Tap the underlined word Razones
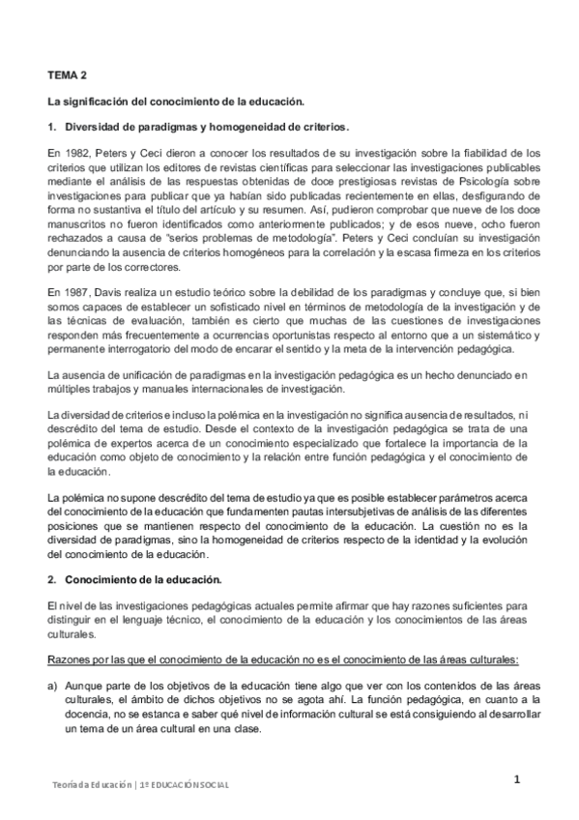pos(67,659)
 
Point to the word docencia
pos(88,715)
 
